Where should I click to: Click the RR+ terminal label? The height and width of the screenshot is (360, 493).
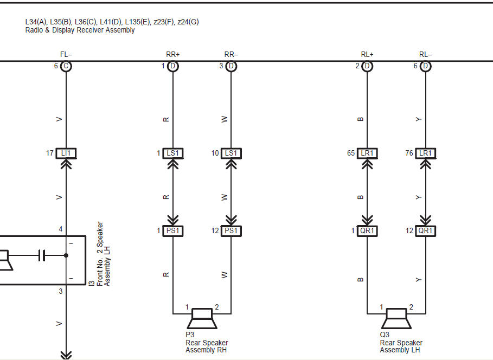[172, 54]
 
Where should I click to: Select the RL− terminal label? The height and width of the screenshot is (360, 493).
[426, 54]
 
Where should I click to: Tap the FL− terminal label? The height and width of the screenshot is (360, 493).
[66, 54]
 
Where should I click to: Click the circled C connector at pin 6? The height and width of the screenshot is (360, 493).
[66, 66]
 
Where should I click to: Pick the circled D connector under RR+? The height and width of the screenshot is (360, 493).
[173, 66]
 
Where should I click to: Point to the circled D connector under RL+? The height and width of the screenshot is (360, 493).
[367, 66]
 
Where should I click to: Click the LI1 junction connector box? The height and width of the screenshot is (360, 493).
[66, 153]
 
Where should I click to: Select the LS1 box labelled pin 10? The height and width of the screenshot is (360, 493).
[232, 153]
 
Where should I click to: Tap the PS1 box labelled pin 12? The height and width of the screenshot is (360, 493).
[232, 231]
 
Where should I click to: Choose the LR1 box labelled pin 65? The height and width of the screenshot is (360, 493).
[367, 153]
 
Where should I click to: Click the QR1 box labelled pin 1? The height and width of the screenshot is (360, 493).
[367, 231]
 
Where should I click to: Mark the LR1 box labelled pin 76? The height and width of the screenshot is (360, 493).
[426, 153]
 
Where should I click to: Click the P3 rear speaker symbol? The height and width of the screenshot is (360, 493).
[202, 318]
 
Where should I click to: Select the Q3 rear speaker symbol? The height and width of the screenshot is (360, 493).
[396, 318]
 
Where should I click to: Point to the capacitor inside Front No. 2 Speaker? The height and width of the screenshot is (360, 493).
[41, 255]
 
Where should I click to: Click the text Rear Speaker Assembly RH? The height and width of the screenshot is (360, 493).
[207, 346]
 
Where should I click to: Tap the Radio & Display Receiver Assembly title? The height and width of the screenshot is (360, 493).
[80, 30]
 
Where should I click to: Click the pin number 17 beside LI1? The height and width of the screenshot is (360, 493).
[50, 153]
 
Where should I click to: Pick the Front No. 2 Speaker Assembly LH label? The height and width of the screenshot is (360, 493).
[103, 254]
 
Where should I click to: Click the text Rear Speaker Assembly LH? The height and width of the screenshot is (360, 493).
[401, 346]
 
